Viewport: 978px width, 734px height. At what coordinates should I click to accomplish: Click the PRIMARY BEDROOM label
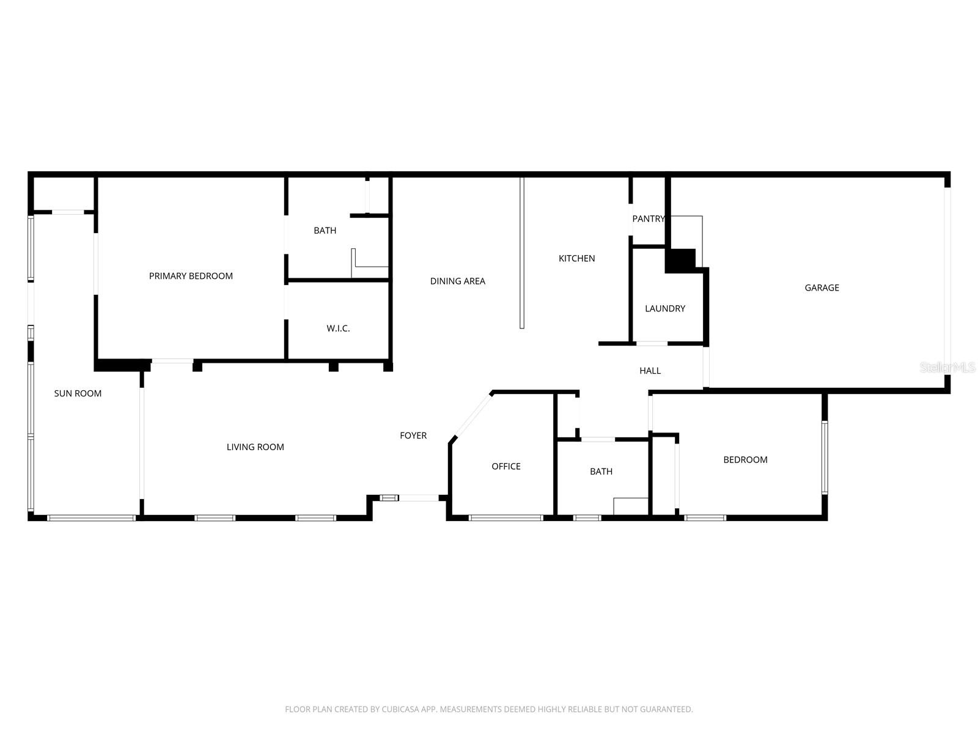pos(191,276)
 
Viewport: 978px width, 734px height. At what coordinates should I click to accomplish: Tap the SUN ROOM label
pos(78,393)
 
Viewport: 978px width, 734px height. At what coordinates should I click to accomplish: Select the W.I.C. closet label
pos(338,328)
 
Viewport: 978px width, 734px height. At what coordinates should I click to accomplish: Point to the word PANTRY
pos(648,218)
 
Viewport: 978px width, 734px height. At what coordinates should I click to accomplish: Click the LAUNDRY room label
pos(665,308)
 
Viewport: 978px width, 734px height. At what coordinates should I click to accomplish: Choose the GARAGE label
pos(822,287)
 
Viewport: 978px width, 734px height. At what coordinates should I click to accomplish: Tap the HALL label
pos(650,371)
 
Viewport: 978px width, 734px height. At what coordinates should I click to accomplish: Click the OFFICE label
pos(506,466)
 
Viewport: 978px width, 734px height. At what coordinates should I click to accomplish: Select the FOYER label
pos(413,436)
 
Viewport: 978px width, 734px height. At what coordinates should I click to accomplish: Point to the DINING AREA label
pos(457,281)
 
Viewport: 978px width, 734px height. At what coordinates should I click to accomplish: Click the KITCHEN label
pos(576,258)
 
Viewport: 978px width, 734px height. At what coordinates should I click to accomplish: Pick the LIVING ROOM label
pos(255,447)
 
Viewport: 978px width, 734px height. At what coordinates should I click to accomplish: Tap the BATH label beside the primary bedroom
pos(325,231)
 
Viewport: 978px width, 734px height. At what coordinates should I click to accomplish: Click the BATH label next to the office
pos(601,471)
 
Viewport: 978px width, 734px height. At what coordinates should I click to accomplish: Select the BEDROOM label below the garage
pos(745,460)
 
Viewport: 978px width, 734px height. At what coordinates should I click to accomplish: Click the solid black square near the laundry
pos(680,260)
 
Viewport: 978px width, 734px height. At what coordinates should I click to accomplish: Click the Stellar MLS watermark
pos(948,367)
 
